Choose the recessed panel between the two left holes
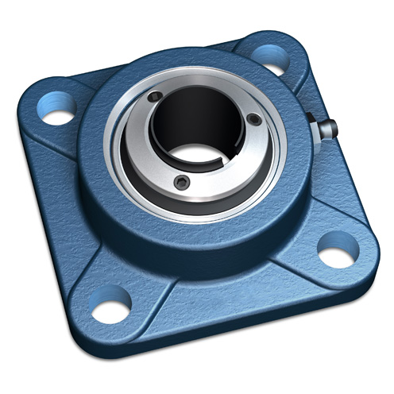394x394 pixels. click(x=68, y=199)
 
